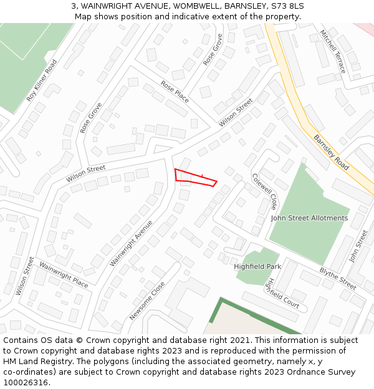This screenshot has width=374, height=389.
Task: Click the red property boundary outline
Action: (x=195, y=177)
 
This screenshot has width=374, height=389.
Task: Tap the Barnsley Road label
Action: (x=331, y=152)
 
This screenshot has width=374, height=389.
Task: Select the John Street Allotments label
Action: (x=309, y=218)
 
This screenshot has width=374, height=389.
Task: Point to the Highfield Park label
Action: (x=257, y=266)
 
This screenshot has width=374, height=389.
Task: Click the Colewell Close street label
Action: (x=265, y=192)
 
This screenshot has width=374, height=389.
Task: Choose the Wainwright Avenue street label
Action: (x=132, y=243)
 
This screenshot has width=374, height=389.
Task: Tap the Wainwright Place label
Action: (x=64, y=274)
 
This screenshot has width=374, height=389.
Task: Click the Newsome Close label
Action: (x=148, y=301)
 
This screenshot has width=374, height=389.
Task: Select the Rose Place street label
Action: (x=175, y=92)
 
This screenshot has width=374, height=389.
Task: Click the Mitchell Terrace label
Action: (x=332, y=51)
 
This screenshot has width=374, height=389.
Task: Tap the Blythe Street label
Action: (x=338, y=279)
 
